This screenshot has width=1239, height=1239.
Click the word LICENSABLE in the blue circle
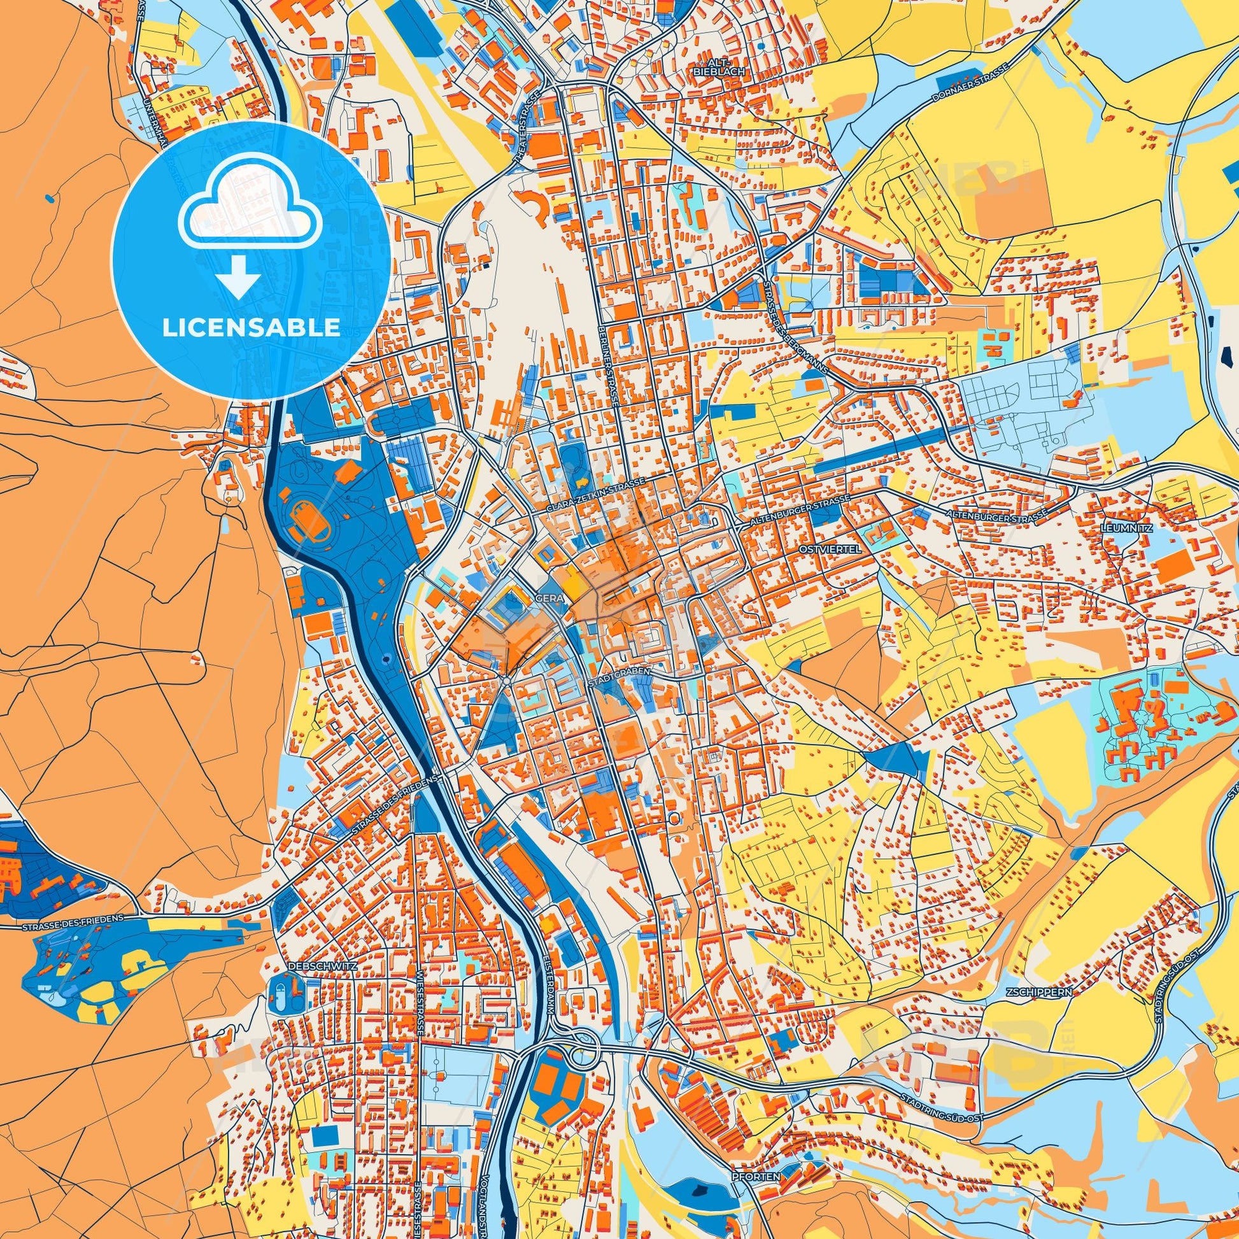pos(251,328)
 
